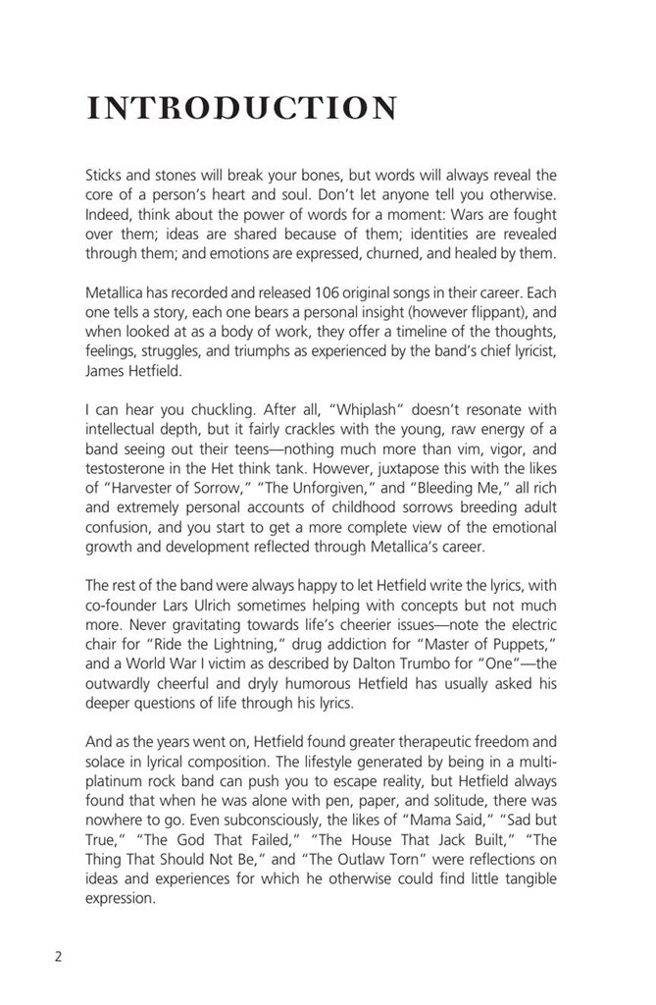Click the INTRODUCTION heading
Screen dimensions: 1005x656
pyautogui.click(x=242, y=109)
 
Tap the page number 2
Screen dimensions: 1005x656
pyautogui.click(x=58, y=957)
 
